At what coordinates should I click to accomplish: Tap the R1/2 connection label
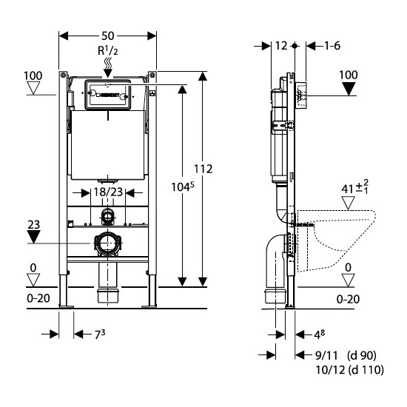point(108,51)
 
